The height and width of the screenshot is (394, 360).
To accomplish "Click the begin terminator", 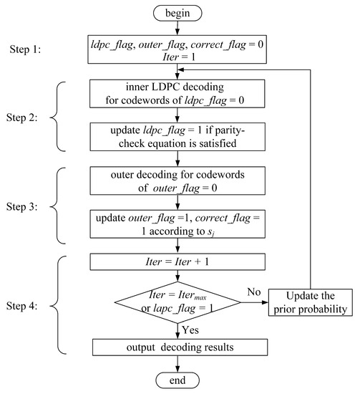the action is point(177,14).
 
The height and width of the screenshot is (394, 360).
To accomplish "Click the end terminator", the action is point(177,380).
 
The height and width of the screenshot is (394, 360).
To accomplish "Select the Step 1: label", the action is point(25,49).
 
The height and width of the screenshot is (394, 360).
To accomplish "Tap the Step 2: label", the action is point(22,117).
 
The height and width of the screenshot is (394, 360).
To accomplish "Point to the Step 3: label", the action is point(22,206).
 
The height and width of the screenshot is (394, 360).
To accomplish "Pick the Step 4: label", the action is point(22,306).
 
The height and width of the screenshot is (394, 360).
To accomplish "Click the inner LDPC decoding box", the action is point(177,94).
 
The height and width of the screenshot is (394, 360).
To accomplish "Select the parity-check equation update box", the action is point(177,137).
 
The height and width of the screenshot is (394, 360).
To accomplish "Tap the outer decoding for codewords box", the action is point(177,181).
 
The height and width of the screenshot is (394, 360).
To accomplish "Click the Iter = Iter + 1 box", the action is point(177,261).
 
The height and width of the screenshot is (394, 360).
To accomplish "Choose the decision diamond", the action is point(177,302).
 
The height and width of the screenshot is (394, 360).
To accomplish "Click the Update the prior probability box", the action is point(311,302).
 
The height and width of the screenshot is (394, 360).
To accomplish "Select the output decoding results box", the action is point(180,347).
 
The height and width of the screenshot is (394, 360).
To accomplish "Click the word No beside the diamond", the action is point(254,292).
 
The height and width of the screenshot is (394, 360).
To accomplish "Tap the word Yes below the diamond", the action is point(190,330).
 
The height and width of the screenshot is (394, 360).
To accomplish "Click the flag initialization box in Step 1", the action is point(177,49).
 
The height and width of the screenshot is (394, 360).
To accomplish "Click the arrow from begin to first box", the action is point(177,28).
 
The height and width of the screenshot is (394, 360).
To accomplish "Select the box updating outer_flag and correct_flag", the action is point(177,224).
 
